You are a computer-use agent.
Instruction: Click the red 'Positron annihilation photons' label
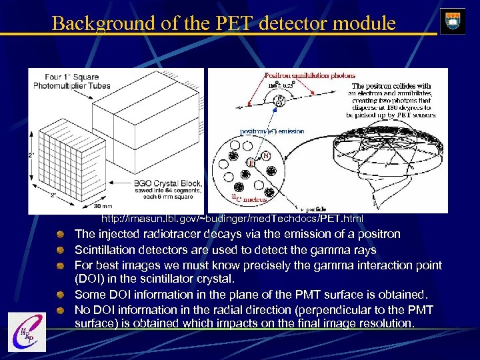point(300,76)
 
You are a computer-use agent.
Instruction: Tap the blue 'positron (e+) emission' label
point(272,131)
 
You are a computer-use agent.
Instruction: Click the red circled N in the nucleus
point(265,155)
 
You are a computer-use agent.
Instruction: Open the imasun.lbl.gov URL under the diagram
point(232,219)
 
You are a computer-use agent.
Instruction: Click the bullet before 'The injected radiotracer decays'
point(60,235)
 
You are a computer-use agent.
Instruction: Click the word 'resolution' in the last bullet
point(385,323)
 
